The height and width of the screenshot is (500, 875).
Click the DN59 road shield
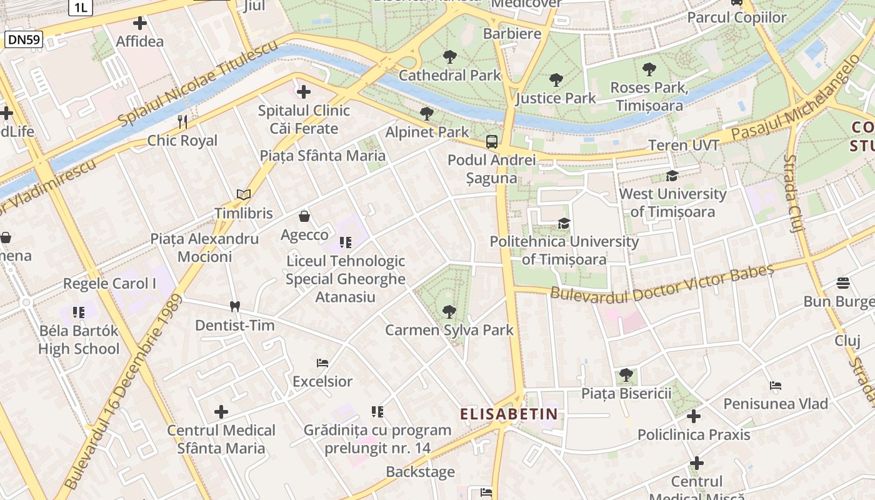pyautogui.click(x=24, y=40)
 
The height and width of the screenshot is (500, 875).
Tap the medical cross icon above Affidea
pyautogui.click(x=140, y=24)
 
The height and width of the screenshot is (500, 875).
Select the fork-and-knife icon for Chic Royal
pyautogui.click(x=182, y=121)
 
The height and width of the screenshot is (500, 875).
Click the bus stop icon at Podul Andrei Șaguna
pyautogui.click(x=492, y=141)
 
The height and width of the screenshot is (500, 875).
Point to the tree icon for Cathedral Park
pyautogui.click(x=449, y=57)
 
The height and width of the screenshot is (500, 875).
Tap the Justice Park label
pyautogui.click(x=556, y=98)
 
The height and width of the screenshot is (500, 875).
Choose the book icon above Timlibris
pyautogui.click(x=244, y=195)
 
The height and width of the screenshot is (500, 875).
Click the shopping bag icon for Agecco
pyautogui.click(x=304, y=216)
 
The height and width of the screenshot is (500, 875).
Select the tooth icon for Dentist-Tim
pyautogui.click(x=235, y=306)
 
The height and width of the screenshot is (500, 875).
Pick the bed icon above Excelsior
pyautogui.click(x=322, y=362)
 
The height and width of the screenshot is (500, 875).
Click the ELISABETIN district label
pyautogui.click(x=509, y=414)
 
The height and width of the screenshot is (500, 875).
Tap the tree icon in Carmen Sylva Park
pyautogui.click(x=449, y=311)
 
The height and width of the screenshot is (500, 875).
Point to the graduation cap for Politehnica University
pyautogui.click(x=564, y=223)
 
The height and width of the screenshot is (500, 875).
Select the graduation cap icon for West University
pyautogui.click(x=672, y=176)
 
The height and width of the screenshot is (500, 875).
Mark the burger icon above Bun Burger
pyautogui.click(x=842, y=283)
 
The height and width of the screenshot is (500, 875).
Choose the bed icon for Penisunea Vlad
pyautogui.click(x=776, y=386)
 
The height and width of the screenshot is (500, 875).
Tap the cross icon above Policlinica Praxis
pyautogui.click(x=693, y=416)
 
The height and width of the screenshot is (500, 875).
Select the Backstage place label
pyautogui.click(x=420, y=472)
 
